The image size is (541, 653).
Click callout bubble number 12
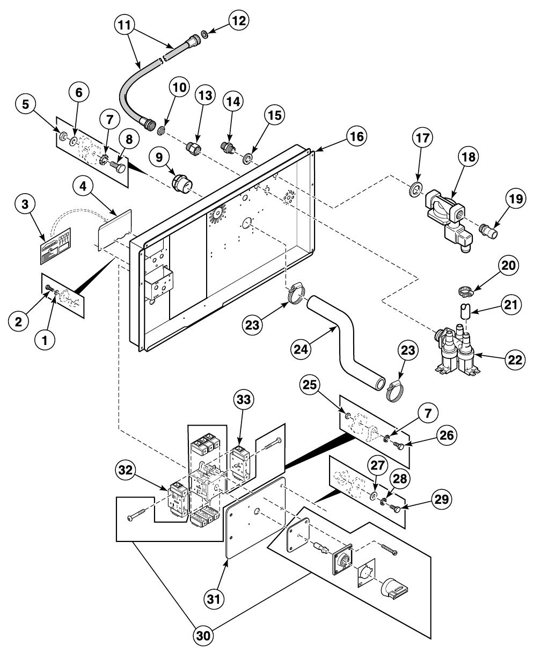tap(238, 21)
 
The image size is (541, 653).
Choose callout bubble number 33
tap(244, 400)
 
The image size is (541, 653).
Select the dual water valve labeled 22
tap(456, 351)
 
